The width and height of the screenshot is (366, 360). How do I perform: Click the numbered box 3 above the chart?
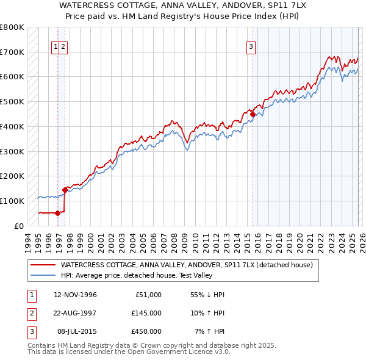[x=251, y=45]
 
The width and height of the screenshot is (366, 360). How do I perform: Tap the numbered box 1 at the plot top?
[x=56, y=45]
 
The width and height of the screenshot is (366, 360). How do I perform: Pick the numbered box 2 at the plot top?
[x=63, y=45]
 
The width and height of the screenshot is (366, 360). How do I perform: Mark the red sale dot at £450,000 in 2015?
[x=253, y=114]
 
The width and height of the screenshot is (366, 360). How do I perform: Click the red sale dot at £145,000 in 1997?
[x=65, y=190]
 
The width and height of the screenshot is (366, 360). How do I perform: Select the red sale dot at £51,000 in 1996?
[x=57, y=213]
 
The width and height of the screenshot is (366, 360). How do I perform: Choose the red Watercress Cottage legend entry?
[x=186, y=265]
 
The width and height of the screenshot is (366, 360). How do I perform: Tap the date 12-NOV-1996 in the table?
[x=75, y=295]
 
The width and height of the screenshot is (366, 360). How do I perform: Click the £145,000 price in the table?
[x=146, y=313]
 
